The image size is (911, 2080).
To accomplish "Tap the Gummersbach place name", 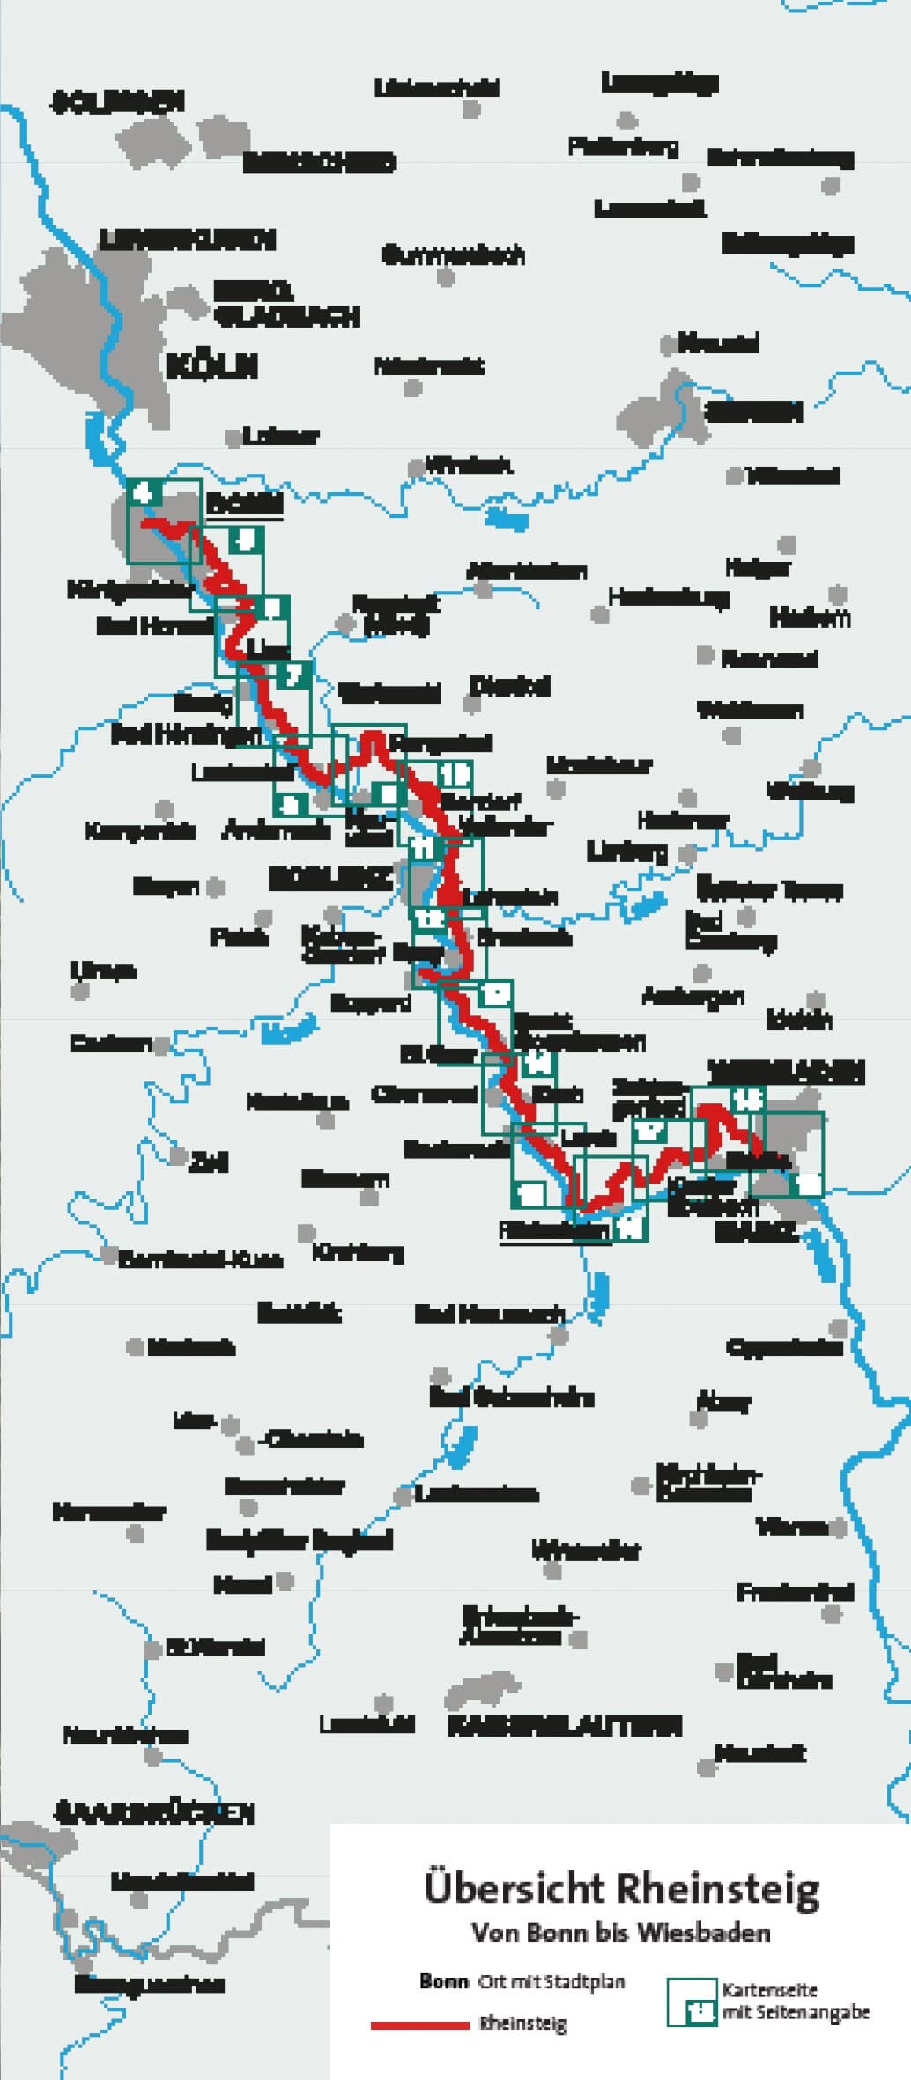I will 453,255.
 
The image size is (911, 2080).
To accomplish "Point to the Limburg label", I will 627,852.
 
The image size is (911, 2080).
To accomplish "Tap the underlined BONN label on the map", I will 245,503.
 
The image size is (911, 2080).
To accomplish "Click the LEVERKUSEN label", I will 188,240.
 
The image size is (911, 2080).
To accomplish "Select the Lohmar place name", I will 280,435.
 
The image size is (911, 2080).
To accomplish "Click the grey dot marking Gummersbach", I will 447,277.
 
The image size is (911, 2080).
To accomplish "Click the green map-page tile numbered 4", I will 144,492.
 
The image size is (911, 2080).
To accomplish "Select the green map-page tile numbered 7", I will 293,675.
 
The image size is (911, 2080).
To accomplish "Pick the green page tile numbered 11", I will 424,847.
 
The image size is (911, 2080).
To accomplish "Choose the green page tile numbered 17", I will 650,1130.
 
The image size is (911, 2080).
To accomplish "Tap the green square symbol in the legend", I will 693,2002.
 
